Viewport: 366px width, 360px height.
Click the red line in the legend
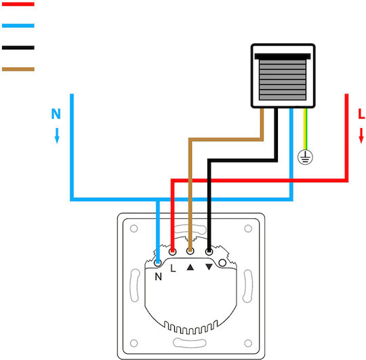[x=18, y=4]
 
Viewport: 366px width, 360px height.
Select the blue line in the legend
[x=18, y=26]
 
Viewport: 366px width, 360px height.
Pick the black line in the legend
[x=18, y=47]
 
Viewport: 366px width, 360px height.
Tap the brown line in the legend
[x=18, y=69]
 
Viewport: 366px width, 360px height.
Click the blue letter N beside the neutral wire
[x=56, y=114]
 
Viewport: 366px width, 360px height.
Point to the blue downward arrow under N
[x=57, y=136]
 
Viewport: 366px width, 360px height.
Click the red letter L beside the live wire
[x=361, y=114]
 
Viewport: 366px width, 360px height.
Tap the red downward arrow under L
[x=361, y=136]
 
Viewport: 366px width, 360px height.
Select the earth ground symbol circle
[x=305, y=157]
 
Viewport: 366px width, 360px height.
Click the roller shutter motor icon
[x=283, y=76]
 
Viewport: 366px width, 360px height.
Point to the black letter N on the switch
[x=158, y=277]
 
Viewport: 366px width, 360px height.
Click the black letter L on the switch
[x=173, y=268]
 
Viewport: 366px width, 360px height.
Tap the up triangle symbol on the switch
[x=190, y=267]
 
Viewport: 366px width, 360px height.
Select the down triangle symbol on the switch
[x=209, y=267]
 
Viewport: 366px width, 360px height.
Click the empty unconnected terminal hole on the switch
[x=222, y=263]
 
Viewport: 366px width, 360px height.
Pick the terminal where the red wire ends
[x=173, y=252]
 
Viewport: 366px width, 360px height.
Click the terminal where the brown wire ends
[x=190, y=252]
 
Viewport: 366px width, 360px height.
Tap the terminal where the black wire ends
[x=209, y=252]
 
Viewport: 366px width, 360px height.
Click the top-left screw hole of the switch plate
[x=134, y=228]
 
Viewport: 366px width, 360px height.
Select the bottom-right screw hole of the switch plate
[x=248, y=343]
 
